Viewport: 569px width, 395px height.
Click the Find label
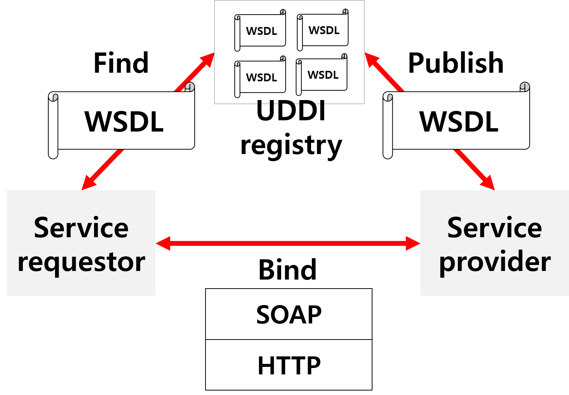[x=121, y=63]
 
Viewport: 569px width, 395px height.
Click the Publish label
[x=456, y=63]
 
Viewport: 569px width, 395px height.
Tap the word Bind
[x=287, y=270]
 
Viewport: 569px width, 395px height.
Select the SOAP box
[x=289, y=314]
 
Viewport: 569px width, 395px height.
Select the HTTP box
[x=289, y=365]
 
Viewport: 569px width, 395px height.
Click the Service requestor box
[x=81, y=243]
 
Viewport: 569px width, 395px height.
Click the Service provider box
[x=495, y=243]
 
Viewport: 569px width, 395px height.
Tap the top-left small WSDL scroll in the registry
[x=261, y=31]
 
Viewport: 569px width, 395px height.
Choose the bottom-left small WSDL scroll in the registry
[x=261, y=77]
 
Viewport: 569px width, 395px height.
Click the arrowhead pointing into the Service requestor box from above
[x=88, y=183]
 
